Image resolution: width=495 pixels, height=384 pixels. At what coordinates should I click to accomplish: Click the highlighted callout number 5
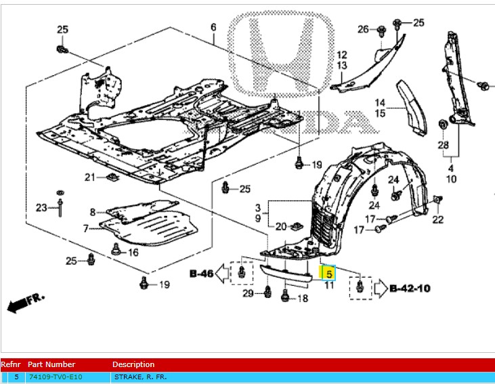point(328,274)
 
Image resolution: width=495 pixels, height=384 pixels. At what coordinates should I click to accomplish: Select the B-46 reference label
point(201,274)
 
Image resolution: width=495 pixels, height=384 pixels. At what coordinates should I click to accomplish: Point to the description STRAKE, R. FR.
point(139,377)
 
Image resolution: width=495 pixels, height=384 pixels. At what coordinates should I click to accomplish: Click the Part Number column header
point(51,364)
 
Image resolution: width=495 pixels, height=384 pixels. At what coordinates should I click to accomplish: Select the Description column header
point(133,364)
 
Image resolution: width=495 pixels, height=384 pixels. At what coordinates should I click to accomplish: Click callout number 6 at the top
point(213,28)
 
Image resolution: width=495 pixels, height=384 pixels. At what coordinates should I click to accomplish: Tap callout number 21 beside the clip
point(90,177)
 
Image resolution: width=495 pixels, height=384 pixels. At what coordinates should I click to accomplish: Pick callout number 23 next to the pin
point(41,207)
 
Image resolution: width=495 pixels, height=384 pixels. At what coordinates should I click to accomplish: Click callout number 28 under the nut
point(443,145)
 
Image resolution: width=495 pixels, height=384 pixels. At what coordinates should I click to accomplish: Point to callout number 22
point(437,219)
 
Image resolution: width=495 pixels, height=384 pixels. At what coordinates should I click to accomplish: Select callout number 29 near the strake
point(249,293)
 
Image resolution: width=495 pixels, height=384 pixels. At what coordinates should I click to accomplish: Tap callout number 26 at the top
point(363,29)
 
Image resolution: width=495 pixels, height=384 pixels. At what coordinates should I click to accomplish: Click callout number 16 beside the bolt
point(133,253)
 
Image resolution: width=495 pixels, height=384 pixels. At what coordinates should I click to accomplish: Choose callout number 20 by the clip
point(279,226)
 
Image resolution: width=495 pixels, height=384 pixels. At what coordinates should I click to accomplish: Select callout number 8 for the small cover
point(92,213)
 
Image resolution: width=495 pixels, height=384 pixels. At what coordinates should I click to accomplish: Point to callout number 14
point(381,102)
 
